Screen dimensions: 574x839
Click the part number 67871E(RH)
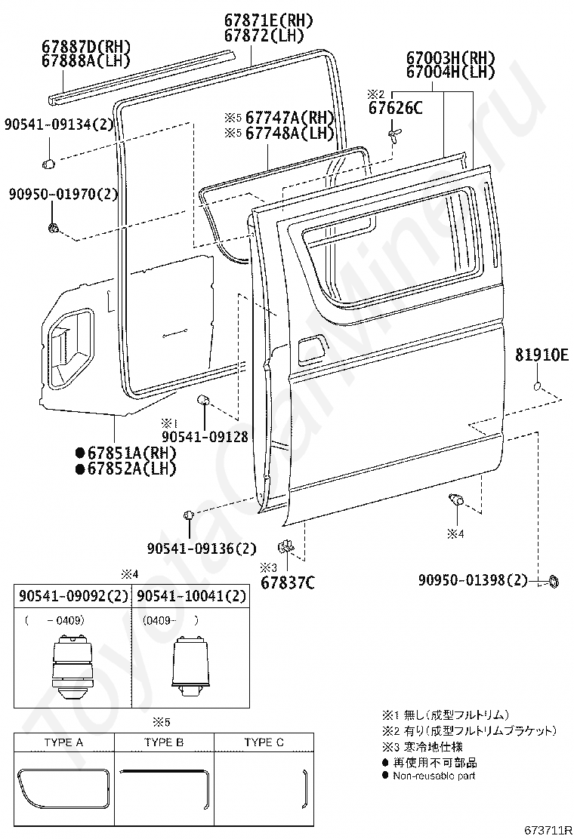(268, 21)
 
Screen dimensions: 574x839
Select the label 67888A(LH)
(86, 61)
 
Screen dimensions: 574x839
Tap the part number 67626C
(395, 108)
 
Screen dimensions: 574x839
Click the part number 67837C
(288, 582)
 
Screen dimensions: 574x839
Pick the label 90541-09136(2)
(202, 549)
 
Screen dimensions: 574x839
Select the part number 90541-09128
(205, 437)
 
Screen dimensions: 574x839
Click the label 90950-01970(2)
(63, 194)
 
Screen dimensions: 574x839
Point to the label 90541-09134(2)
(60, 124)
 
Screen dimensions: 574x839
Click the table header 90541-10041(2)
(192, 595)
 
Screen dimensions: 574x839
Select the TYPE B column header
(164, 742)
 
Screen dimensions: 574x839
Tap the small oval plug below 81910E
(539, 387)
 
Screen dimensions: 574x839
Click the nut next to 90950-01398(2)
(553, 581)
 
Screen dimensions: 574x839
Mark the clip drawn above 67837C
(286, 547)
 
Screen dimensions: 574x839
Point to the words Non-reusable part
(434, 776)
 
